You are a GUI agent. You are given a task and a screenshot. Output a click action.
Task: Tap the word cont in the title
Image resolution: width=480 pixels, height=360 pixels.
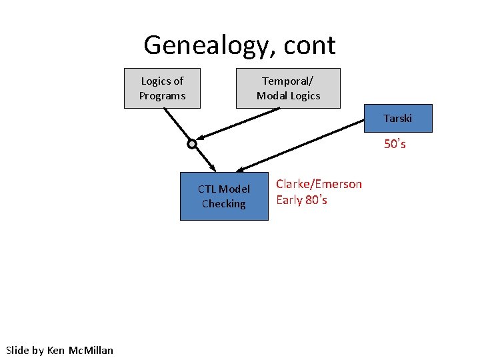click(x=309, y=46)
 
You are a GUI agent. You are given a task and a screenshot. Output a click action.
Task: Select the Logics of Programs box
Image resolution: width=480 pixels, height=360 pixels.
click(x=162, y=88)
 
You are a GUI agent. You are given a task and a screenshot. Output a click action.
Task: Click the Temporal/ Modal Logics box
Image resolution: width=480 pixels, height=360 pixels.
click(x=288, y=88)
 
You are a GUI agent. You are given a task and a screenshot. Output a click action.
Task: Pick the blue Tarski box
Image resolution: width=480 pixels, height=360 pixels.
click(x=397, y=119)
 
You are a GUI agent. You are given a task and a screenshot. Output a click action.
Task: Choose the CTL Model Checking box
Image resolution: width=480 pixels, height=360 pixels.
click(x=224, y=196)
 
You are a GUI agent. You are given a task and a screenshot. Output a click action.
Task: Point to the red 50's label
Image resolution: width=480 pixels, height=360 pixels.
click(x=395, y=144)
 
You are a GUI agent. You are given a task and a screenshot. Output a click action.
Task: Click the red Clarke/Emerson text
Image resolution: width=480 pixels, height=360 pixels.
click(x=319, y=184)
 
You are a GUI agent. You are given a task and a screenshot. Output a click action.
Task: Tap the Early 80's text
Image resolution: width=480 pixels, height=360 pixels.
click(x=301, y=200)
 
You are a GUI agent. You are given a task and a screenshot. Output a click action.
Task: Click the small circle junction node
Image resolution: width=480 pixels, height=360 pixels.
click(x=192, y=144)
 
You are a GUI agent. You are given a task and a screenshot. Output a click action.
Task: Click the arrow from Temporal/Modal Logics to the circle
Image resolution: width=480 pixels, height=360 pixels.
click(x=240, y=125)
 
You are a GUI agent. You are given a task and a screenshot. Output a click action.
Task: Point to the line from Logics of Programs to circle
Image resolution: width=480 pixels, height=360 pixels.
click(x=177, y=125)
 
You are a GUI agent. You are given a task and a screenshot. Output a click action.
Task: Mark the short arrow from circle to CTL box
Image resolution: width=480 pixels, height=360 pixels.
click(x=205, y=159)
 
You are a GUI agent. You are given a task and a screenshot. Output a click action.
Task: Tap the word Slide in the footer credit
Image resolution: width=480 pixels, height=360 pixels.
click(x=17, y=350)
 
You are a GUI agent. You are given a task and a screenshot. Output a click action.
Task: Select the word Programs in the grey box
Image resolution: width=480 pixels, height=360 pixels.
click(x=162, y=95)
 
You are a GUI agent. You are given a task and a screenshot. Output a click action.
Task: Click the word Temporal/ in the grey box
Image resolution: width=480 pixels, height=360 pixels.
click(x=288, y=81)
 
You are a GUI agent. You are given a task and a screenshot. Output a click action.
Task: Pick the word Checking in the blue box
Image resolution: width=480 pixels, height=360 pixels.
click(x=224, y=203)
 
